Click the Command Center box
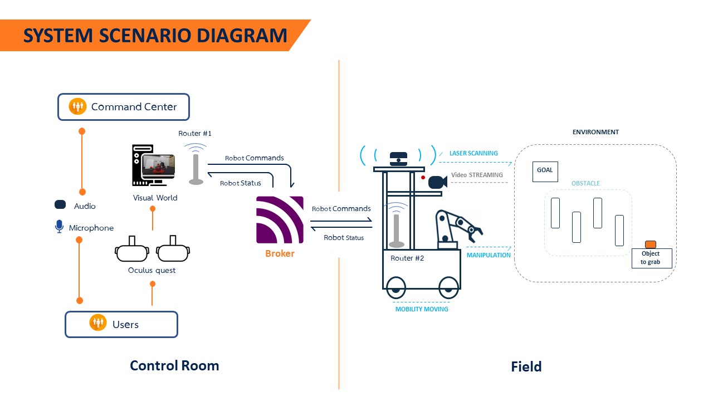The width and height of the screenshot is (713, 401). (x=123, y=107)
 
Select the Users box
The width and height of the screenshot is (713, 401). (x=121, y=324)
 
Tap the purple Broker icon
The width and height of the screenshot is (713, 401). (x=280, y=220)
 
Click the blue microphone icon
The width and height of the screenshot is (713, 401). (x=60, y=227)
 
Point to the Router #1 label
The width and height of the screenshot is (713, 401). (x=194, y=134)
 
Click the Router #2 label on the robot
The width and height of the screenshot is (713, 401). (x=407, y=258)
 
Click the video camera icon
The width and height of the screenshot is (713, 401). (x=437, y=182)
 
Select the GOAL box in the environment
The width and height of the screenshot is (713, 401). (x=545, y=171)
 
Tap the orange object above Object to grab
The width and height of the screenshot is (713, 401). (x=650, y=244)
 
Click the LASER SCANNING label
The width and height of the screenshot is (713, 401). (x=473, y=153)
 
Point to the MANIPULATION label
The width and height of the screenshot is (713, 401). (x=489, y=255)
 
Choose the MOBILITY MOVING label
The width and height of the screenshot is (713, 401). (x=421, y=309)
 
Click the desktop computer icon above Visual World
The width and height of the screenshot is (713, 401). (x=153, y=165)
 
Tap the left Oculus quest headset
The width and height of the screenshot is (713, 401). (x=132, y=251)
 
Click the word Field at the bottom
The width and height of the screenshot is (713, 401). (x=526, y=366)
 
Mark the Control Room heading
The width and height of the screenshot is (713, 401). (x=174, y=365)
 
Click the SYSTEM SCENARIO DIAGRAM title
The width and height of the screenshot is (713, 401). (x=155, y=36)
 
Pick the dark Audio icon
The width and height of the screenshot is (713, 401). (x=60, y=205)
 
